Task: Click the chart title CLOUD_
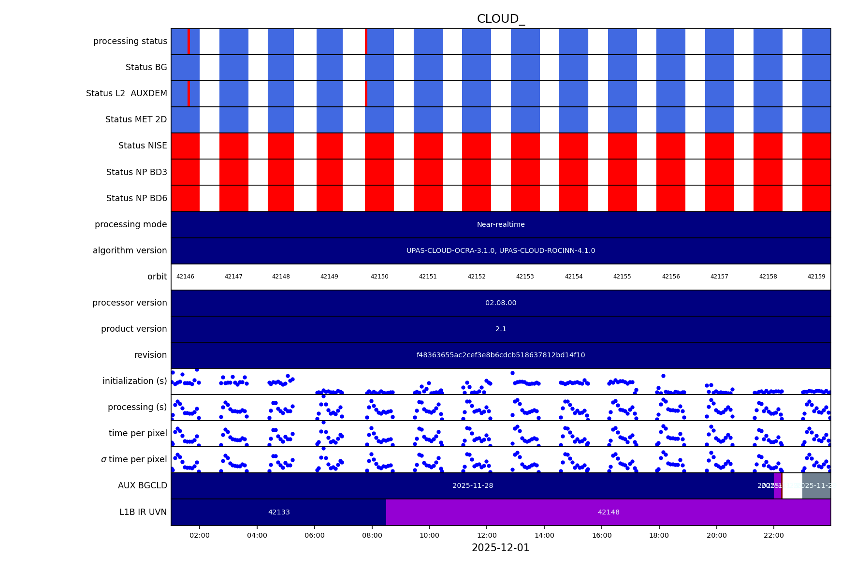pos(500,19)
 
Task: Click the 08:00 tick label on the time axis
pos(372,535)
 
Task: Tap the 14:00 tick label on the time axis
pos(544,535)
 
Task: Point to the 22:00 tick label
pos(774,535)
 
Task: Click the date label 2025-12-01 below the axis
pos(500,548)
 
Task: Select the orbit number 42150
pos(379,277)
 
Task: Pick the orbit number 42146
pos(185,277)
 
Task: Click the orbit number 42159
pos(816,277)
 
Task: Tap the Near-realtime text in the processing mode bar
pos(500,224)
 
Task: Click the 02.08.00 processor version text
pos(500,303)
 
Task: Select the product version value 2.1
pos(500,329)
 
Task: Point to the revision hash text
pos(500,355)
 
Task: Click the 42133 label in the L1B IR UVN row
pos(279,512)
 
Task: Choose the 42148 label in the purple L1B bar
pos(608,512)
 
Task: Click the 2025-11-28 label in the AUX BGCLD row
pos(472,485)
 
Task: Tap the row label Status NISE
pos(143,146)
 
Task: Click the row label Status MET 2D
pos(136,119)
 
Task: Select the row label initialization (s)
pos(134,381)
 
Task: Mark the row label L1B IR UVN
pos(143,512)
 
